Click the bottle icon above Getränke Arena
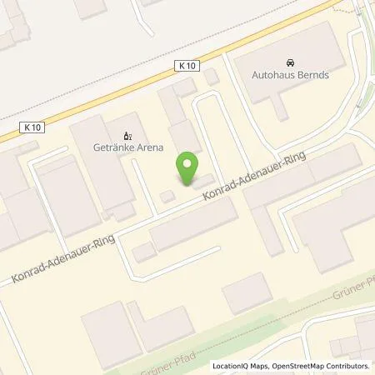pos(127,136)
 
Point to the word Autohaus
pos(272,74)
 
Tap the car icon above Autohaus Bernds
pos(289,61)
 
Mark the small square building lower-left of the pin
pos(167,196)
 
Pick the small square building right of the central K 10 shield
pos(212,77)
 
